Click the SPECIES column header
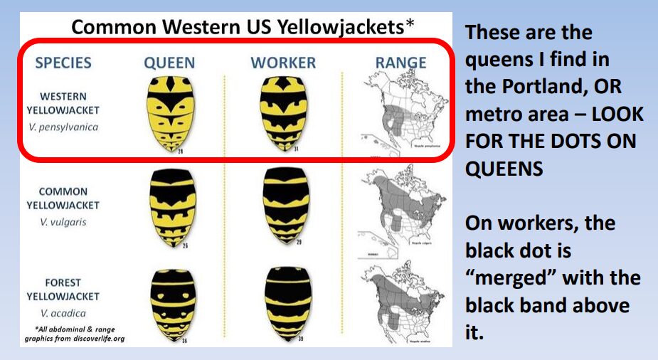[x=63, y=63]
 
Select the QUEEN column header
[x=170, y=63]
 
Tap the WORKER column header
[x=282, y=63]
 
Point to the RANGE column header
[x=401, y=63]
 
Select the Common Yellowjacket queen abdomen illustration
[x=171, y=207]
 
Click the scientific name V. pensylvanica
[x=63, y=127]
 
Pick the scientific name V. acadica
[x=63, y=313]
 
